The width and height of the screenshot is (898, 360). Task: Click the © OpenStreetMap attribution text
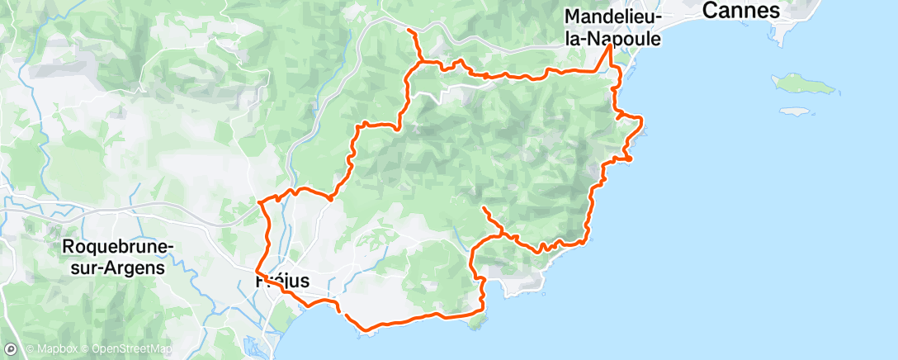tap(125, 350)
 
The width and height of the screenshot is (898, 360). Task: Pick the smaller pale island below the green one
tap(793, 111)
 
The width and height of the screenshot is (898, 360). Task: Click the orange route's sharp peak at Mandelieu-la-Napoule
tap(611, 45)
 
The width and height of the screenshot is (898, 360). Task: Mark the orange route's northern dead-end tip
tap(409, 30)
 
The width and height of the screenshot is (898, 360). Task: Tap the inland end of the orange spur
tap(483, 208)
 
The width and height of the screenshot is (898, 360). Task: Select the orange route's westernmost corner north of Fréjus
tap(259, 201)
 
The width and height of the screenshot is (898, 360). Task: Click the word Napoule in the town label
tap(634, 36)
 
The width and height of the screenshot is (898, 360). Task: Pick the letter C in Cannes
tap(707, 11)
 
